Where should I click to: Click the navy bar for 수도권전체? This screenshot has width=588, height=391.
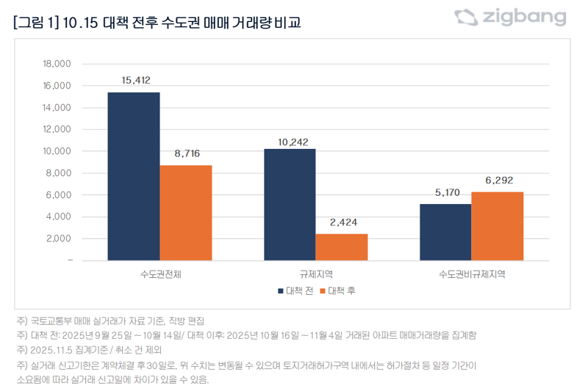(134, 176)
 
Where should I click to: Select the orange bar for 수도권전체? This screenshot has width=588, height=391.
(186, 213)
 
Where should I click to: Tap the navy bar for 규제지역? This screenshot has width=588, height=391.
(290, 205)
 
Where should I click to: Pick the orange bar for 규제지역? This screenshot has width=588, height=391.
(342, 247)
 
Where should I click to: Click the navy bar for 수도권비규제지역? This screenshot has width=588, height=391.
(445, 232)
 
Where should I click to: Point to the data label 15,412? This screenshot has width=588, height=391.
(134, 79)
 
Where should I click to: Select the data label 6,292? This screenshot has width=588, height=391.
(498, 180)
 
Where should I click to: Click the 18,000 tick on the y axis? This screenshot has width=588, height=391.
(57, 64)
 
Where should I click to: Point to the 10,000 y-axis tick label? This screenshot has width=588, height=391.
(57, 151)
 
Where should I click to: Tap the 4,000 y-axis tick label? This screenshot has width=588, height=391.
(58, 216)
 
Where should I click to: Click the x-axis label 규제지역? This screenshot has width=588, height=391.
(315, 275)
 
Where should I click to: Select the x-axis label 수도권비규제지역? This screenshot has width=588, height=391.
(471, 275)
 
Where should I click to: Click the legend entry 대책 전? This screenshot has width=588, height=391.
(295, 291)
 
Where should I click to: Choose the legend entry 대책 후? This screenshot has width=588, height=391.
(338, 291)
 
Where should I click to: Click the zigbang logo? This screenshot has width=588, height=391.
(509, 18)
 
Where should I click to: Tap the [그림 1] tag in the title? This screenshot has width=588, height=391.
(36, 23)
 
